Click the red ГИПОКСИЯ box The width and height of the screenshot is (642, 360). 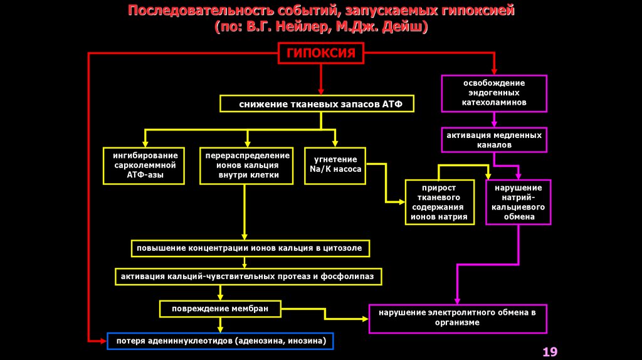[321, 53]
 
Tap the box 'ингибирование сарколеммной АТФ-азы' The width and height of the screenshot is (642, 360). [145, 166]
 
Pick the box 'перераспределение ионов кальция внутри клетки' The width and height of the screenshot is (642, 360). [248, 166]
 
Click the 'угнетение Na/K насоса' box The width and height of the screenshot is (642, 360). [335, 166]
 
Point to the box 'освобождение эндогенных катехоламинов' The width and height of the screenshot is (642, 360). [494, 92]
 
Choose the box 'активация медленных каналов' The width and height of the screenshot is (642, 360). [494, 139]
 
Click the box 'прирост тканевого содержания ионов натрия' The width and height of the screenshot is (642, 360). [439, 202]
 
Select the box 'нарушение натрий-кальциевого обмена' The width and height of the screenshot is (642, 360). [518, 202]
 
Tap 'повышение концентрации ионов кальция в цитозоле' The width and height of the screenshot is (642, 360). [250, 248]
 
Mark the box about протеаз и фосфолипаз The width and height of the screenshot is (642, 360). [248, 276]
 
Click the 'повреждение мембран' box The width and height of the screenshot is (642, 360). [219, 309]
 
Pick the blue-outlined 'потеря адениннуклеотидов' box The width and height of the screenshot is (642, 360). [220, 341]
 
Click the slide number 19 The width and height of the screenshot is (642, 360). [550, 351]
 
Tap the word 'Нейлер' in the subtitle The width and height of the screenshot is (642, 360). [310, 28]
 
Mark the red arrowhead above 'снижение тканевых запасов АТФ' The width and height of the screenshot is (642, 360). [321, 91]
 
